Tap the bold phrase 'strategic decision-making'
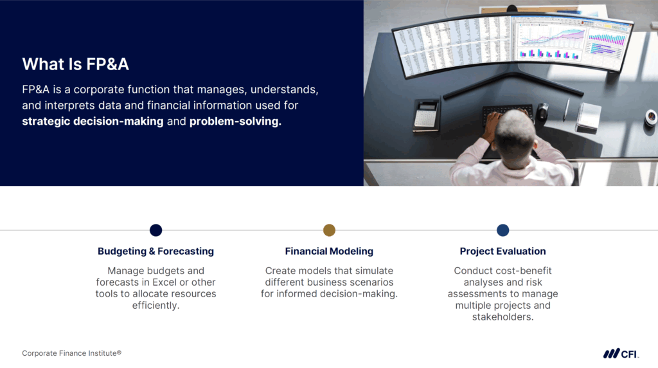(93, 121)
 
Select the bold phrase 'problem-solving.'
(235, 121)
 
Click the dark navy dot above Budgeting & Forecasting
(156, 230)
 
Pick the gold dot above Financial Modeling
(329, 230)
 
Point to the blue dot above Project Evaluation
(502, 230)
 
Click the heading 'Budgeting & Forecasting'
(156, 251)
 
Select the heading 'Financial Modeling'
(329, 251)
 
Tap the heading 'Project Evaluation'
(502, 251)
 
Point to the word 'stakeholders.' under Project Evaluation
(502, 317)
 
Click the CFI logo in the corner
(620, 353)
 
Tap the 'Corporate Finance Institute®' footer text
(71, 353)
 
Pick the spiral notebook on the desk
(588, 116)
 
